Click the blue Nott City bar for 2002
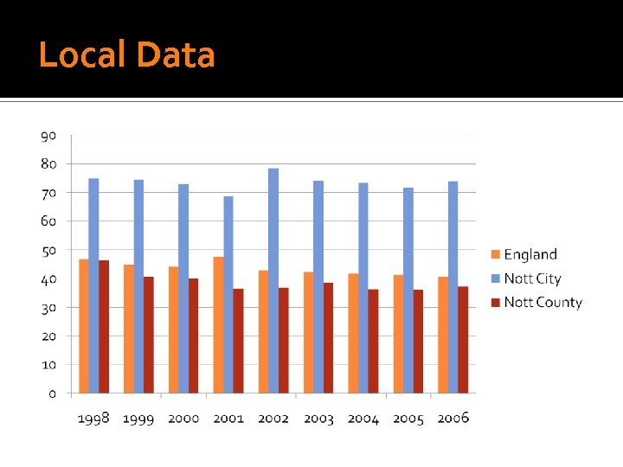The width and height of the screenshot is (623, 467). click(x=273, y=281)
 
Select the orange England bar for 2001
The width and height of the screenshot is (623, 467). click(x=219, y=325)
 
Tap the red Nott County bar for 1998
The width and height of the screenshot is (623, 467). click(x=104, y=327)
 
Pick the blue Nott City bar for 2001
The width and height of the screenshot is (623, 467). click(x=228, y=295)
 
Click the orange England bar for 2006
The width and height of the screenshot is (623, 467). click(x=443, y=335)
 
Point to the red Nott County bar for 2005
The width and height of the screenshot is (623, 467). click(x=418, y=342)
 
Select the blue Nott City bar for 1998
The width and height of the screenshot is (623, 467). click(x=93, y=285)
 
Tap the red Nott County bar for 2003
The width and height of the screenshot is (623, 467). click(x=328, y=338)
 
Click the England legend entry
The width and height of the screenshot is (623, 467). click(x=530, y=254)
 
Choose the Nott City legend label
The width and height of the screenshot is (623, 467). click(x=532, y=278)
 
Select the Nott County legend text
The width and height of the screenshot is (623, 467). click(x=543, y=303)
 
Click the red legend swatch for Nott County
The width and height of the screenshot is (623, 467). click(x=495, y=303)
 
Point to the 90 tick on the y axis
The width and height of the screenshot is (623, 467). click(x=48, y=136)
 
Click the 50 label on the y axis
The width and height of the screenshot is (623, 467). click(x=48, y=250)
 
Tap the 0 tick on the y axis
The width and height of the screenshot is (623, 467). click(x=52, y=393)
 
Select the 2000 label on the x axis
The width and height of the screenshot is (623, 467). click(x=183, y=419)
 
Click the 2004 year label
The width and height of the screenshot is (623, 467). click(x=363, y=419)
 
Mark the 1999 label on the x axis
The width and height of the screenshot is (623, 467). click(x=138, y=419)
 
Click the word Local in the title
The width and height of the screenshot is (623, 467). click(x=82, y=55)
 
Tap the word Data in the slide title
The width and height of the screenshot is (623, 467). click(x=176, y=55)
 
